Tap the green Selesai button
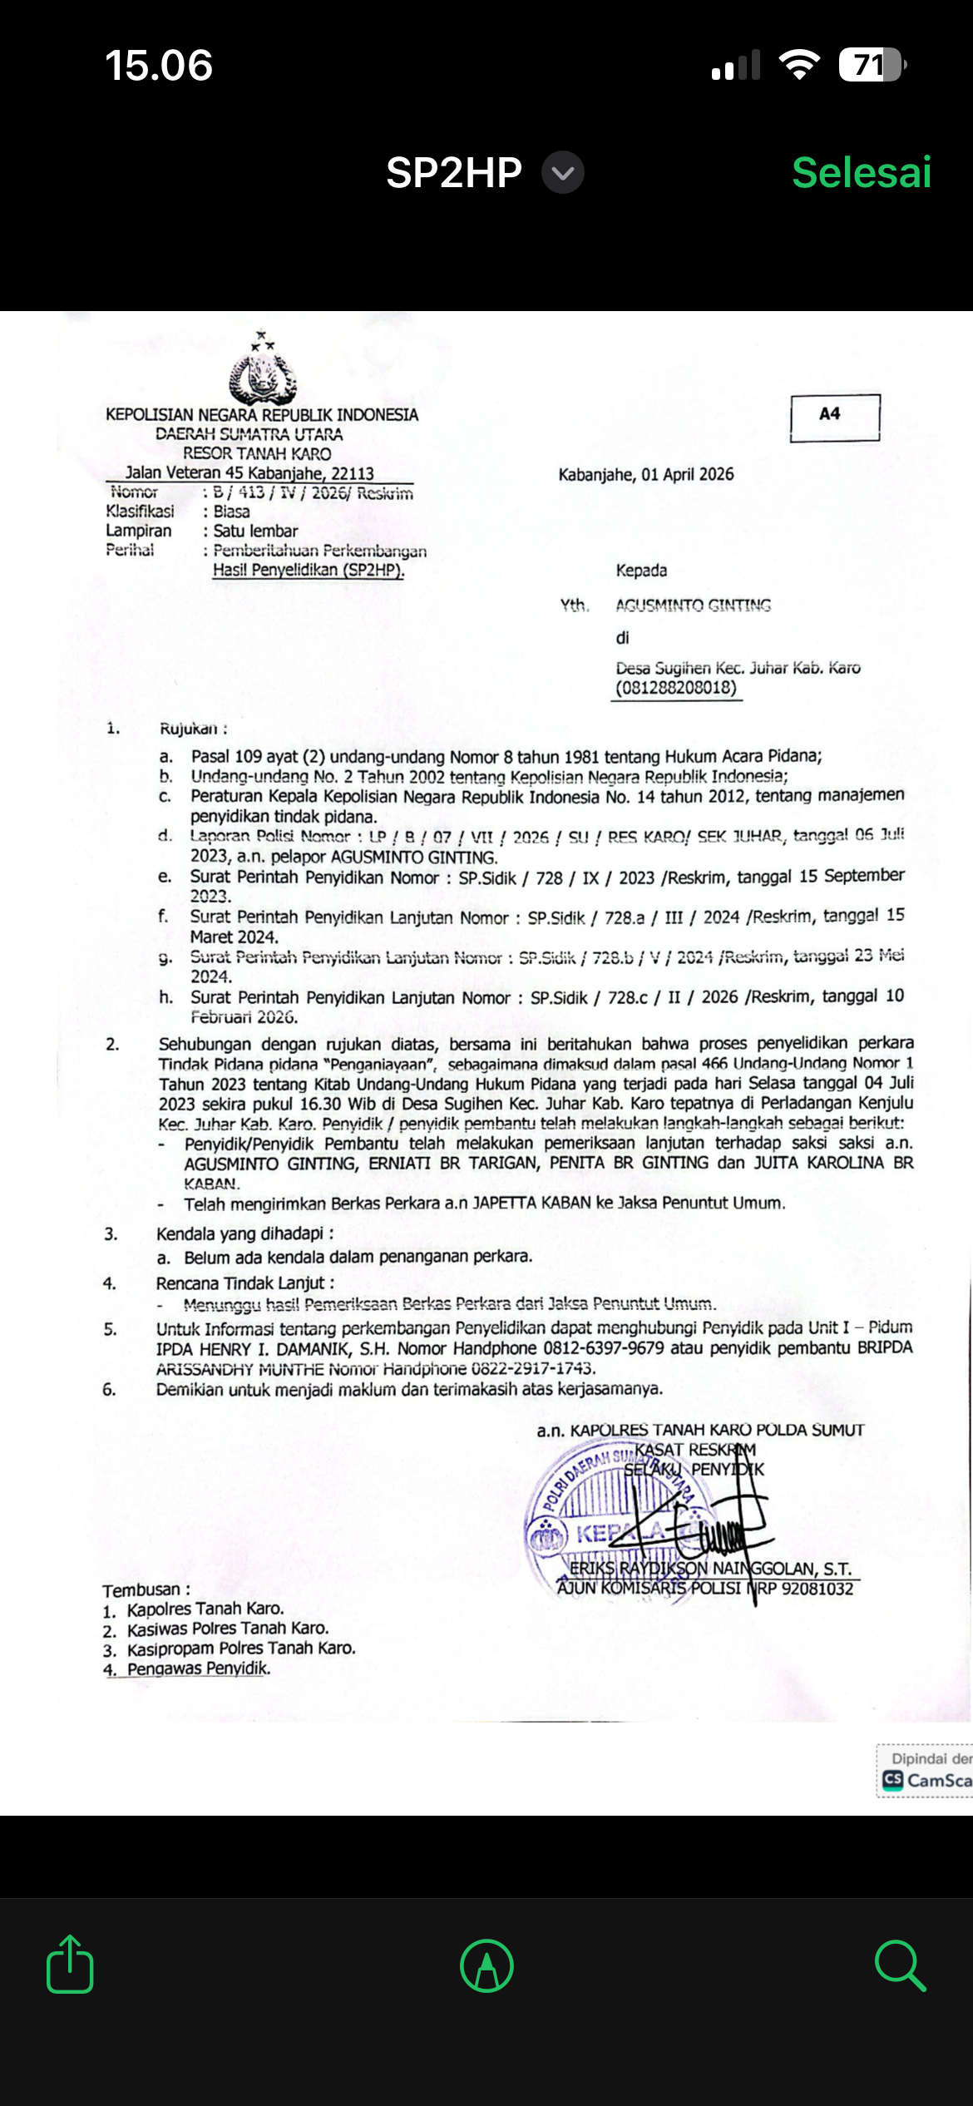(x=861, y=173)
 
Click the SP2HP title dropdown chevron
(x=563, y=173)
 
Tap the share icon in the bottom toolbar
(x=70, y=1965)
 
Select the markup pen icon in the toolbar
(x=486, y=1965)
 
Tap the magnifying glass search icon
(x=899, y=1965)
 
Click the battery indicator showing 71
(x=871, y=65)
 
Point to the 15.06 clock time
(x=159, y=66)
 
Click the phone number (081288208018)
(x=676, y=688)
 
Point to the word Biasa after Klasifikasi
(x=231, y=512)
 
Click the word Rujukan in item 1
(x=189, y=729)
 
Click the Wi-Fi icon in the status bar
(x=799, y=65)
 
